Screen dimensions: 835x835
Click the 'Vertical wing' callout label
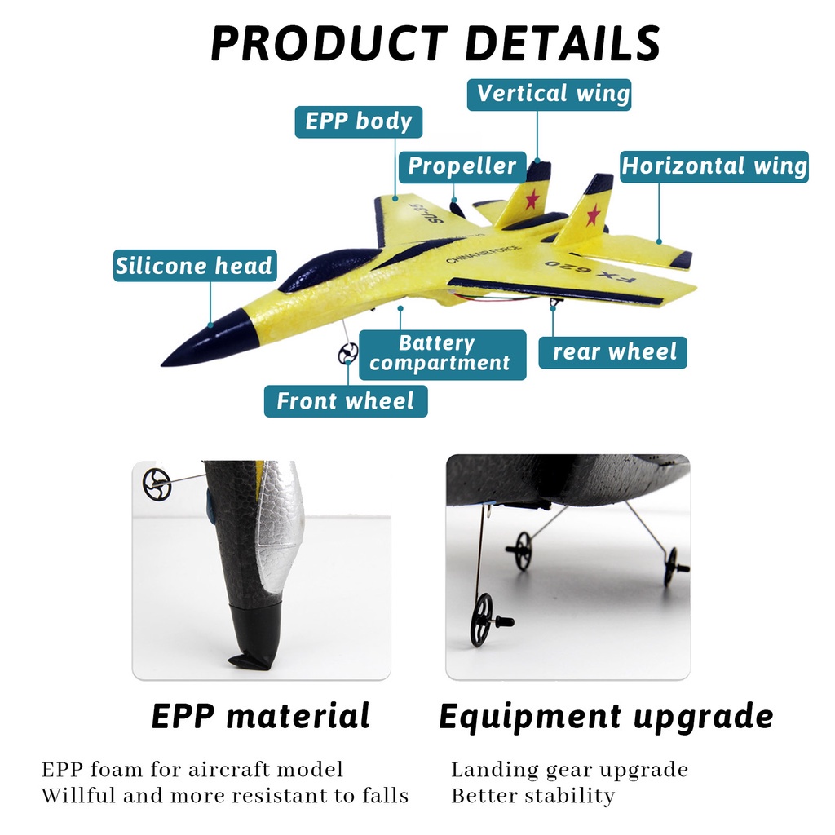[x=549, y=95]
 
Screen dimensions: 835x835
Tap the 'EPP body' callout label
[x=359, y=122]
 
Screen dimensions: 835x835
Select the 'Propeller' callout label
[x=462, y=167]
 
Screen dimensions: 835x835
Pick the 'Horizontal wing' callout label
[x=714, y=166]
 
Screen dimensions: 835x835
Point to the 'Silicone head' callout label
[x=195, y=266]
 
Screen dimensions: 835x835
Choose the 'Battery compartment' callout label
[x=443, y=355]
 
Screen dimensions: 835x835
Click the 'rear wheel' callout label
[x=613, y=352]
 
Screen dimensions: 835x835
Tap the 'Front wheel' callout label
[x=346, y=401]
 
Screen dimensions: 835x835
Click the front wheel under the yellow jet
[x=347, y=354]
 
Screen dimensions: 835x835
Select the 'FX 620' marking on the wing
[x=590, y=272]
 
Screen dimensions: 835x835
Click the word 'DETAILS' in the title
[x=563, y=44]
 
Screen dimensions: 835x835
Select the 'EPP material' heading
[x=260, y=715]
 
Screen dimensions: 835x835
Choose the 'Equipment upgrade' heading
[x=606, y=717]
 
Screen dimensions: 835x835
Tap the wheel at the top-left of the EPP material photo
[x=157, y=484]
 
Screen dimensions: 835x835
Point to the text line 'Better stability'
[x=533, y=796]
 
